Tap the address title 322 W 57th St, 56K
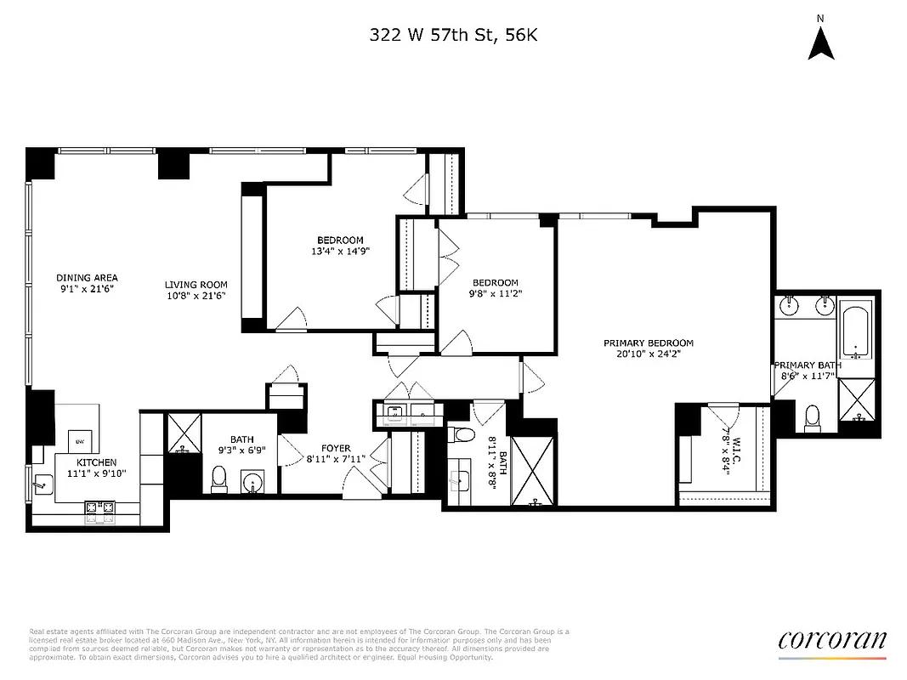point(453,35)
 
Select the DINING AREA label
point(87,278)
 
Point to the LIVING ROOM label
point(196,286)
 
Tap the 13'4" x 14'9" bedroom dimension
point(340,251)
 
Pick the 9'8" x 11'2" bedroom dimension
point(496,294)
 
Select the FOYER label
point(335,449)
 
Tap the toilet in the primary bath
point(812,416)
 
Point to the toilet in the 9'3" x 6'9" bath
point(218,479)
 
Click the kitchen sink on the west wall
point(39,487)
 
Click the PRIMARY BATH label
point(807,365)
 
